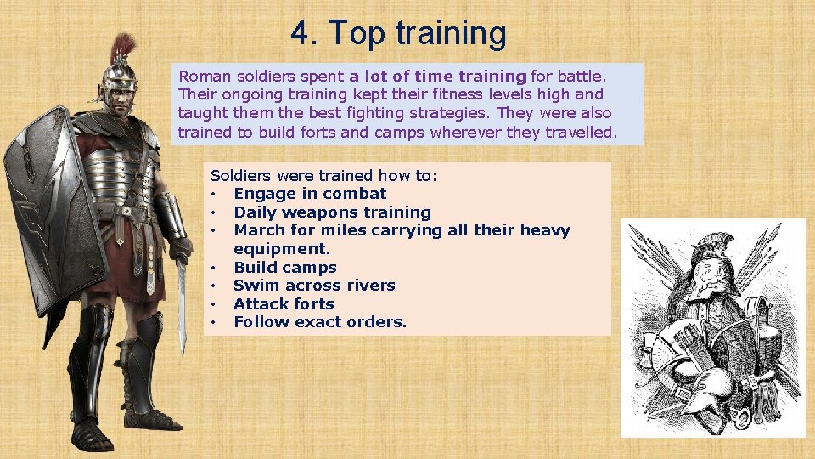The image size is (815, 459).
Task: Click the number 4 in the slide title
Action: tap(300, 34)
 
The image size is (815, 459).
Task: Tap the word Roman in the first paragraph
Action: tap(202, 76)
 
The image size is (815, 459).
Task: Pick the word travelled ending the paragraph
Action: tap(577, 132)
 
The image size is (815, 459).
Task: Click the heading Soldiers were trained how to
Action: tap(323, 176)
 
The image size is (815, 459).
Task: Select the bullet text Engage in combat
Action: tap(310, 194)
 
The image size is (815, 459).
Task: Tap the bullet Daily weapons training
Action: tap(332, 212)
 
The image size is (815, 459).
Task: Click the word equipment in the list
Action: tap(281, 249)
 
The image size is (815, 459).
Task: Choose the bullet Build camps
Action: tap(284, 268)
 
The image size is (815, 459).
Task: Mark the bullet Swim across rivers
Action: tap(314, 286)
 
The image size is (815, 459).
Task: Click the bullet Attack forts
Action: tap(284, 304)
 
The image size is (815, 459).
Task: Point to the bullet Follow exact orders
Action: tap(320, 322)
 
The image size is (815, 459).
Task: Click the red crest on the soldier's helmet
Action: tap(124, 48)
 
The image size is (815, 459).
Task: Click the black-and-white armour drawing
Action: tap(712, 328)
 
